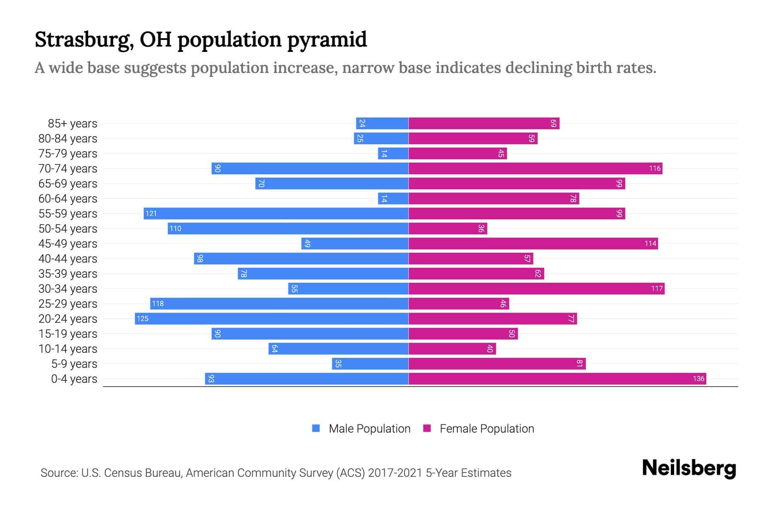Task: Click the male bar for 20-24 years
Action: pos(271,318)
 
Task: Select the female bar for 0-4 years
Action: pos(557,379)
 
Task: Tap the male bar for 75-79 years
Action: pos(393,153)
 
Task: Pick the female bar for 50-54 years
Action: pos(447,228)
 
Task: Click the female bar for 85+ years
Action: pos(484,123)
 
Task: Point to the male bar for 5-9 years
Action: pos(370,364)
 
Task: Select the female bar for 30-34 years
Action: pos(536,288)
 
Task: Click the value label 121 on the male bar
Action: pos(151,213)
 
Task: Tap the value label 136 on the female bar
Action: pos(698,379)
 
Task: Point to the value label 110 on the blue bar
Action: pos(175,228)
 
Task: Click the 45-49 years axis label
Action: pos(68,244)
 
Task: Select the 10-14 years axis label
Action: pos(68,349)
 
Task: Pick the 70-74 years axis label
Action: pos(68,169)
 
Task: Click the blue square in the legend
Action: pos(316,428)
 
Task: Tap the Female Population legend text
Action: pos(487,428)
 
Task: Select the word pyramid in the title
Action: pos(327,39)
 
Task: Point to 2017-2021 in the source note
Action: pos(395,473)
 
